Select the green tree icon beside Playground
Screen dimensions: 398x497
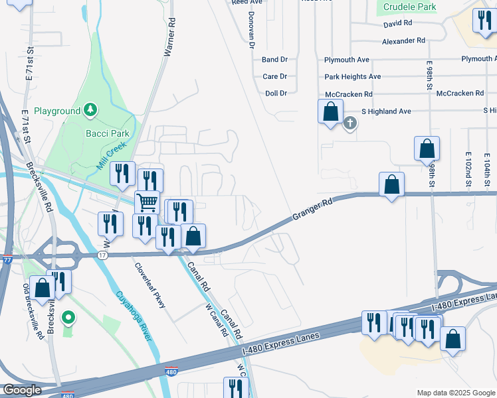(90, 111)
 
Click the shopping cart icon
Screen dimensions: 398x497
(147, 201)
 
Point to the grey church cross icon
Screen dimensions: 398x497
(350, 123)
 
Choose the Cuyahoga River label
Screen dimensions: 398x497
(131, 316)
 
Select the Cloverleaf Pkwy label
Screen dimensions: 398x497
(150, 286)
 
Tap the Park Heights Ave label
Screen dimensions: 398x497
(352, 77)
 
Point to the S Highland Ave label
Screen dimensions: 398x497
(386, 111)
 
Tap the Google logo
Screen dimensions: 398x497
(22, 390)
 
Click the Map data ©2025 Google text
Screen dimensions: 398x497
(456, 393)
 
